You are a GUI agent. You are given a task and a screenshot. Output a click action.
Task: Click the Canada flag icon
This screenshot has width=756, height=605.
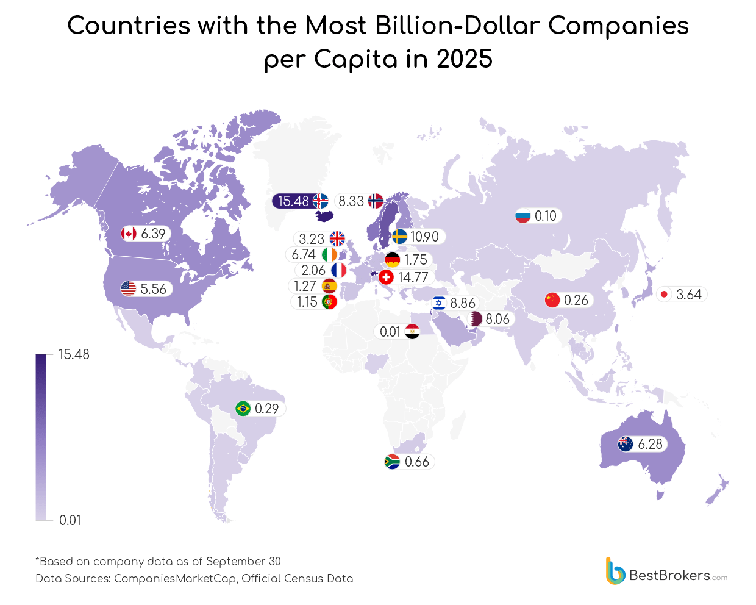(129, 234)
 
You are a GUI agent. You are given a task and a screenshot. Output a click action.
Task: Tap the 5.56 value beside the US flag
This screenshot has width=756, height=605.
(153, 288)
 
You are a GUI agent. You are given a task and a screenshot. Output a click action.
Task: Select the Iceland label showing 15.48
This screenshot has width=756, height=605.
(293, 201)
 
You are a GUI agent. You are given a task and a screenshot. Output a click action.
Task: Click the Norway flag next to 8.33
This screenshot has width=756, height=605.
(376, 201)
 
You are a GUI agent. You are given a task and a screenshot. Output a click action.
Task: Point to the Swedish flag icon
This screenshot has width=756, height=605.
(400, 237)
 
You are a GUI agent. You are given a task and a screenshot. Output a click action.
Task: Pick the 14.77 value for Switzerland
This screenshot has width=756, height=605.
(413, 277)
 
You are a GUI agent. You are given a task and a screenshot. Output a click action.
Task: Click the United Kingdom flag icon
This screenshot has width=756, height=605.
(337, 238)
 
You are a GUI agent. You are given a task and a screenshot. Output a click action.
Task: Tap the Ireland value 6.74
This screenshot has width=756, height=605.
(304, 254)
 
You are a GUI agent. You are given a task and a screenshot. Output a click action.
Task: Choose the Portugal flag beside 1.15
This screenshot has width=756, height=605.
(329, 301)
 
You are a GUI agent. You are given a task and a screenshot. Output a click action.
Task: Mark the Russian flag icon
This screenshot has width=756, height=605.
(523, 216)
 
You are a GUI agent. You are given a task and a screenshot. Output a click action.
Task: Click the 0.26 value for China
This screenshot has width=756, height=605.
(576, 300)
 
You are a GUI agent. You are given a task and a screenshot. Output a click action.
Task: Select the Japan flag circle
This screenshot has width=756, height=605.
(665, 295)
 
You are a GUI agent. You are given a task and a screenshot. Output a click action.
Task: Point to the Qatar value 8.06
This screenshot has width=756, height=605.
(497, 319)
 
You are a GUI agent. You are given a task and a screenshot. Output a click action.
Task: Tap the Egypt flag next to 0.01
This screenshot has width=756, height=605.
(412, 332)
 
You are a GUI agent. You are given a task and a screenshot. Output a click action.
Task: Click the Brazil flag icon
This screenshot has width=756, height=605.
(243, 409)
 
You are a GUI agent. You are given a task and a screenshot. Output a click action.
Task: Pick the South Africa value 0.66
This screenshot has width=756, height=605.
(416, 462)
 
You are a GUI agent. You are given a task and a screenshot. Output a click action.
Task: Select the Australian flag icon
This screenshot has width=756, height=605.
(626, 444)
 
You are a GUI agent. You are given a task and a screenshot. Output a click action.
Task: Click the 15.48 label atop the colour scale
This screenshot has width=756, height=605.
(74, 354)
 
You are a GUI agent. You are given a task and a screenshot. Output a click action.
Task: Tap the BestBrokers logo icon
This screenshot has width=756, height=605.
(615, 571)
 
